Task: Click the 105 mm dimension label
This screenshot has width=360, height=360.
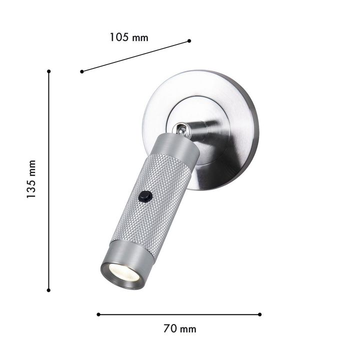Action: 129,37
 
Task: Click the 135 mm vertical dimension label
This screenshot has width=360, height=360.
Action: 31,180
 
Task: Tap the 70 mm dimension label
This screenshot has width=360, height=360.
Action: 179,328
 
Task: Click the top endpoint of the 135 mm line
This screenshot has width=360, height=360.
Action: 48,71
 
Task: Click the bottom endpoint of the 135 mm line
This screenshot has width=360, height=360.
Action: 48,289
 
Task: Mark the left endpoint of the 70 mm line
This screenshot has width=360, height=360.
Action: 98,314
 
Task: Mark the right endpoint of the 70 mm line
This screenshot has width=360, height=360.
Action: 259,314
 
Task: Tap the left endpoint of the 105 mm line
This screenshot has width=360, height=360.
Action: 81,71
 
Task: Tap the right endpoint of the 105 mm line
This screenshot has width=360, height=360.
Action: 189,40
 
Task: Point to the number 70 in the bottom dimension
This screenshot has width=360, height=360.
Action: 169,328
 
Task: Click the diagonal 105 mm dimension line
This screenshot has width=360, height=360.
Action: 135,56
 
